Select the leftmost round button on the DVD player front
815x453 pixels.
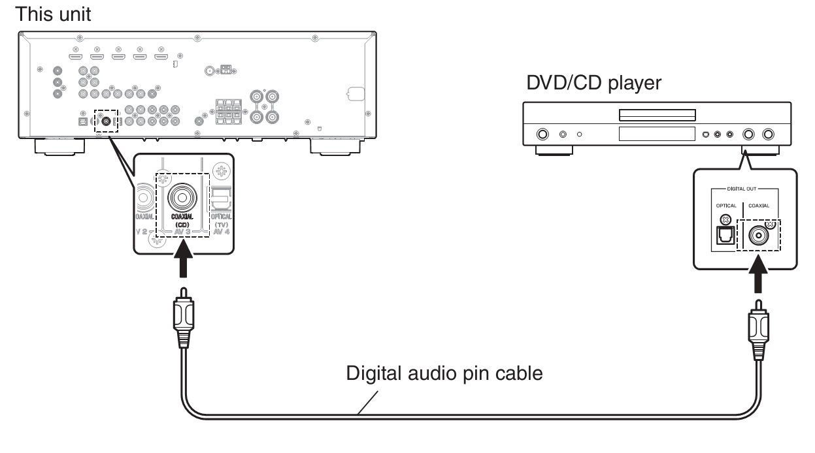coord(542,134)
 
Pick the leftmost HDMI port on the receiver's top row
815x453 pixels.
coord(75,57)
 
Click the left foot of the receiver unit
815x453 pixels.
coord(58,146)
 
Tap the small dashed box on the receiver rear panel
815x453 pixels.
coord(105,121)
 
